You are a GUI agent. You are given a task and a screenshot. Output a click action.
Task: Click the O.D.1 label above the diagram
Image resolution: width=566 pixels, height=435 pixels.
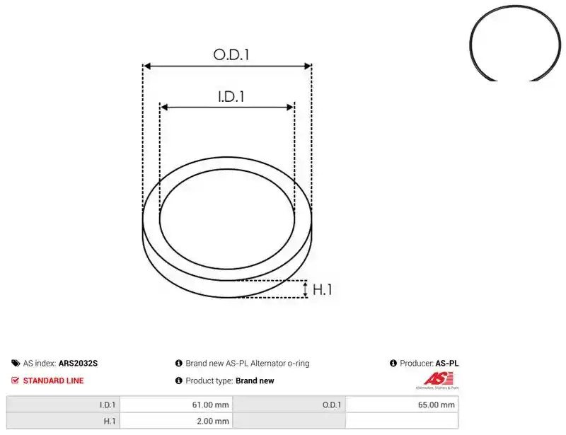pos(231,54)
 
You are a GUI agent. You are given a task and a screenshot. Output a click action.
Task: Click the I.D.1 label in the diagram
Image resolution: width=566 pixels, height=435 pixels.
pos(231,96)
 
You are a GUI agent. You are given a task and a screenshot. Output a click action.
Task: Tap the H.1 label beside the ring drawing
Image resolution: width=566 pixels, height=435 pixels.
pos(322,289)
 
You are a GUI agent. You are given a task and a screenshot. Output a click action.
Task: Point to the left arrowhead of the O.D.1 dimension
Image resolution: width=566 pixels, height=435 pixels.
pos(146,66)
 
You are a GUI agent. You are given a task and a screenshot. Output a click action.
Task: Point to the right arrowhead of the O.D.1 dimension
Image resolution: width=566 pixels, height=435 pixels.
pos(308,66)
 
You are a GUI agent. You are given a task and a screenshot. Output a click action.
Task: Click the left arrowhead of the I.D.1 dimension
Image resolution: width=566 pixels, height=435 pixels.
pos(163,108)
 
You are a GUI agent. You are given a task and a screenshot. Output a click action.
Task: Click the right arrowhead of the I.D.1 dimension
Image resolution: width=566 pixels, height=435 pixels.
pos(291,108)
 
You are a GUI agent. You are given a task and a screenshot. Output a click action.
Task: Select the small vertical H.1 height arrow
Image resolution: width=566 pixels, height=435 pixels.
pos(306,289)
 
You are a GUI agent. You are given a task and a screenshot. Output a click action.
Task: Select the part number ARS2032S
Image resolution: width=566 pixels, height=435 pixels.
pos(78,363)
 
